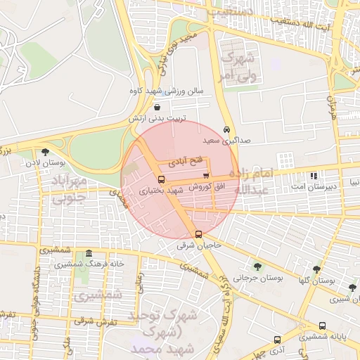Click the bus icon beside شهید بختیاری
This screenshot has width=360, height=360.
(162, 180)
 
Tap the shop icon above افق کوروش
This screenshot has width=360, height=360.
(205, 176)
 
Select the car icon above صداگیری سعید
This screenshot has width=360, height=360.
(226, 130)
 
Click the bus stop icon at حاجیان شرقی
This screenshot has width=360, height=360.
(199, 234)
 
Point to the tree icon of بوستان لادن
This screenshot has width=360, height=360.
(46, 152)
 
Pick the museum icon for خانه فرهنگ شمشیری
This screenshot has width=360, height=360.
(89, 253)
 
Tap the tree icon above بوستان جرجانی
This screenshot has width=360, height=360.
(257, 266)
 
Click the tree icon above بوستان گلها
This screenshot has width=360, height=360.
(317, 269)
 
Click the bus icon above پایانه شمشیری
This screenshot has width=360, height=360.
(322, 326)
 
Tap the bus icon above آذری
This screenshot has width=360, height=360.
(277, 339)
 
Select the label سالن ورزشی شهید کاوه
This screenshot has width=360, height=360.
(166, 91)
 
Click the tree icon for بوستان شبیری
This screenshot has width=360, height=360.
(352, 288)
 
